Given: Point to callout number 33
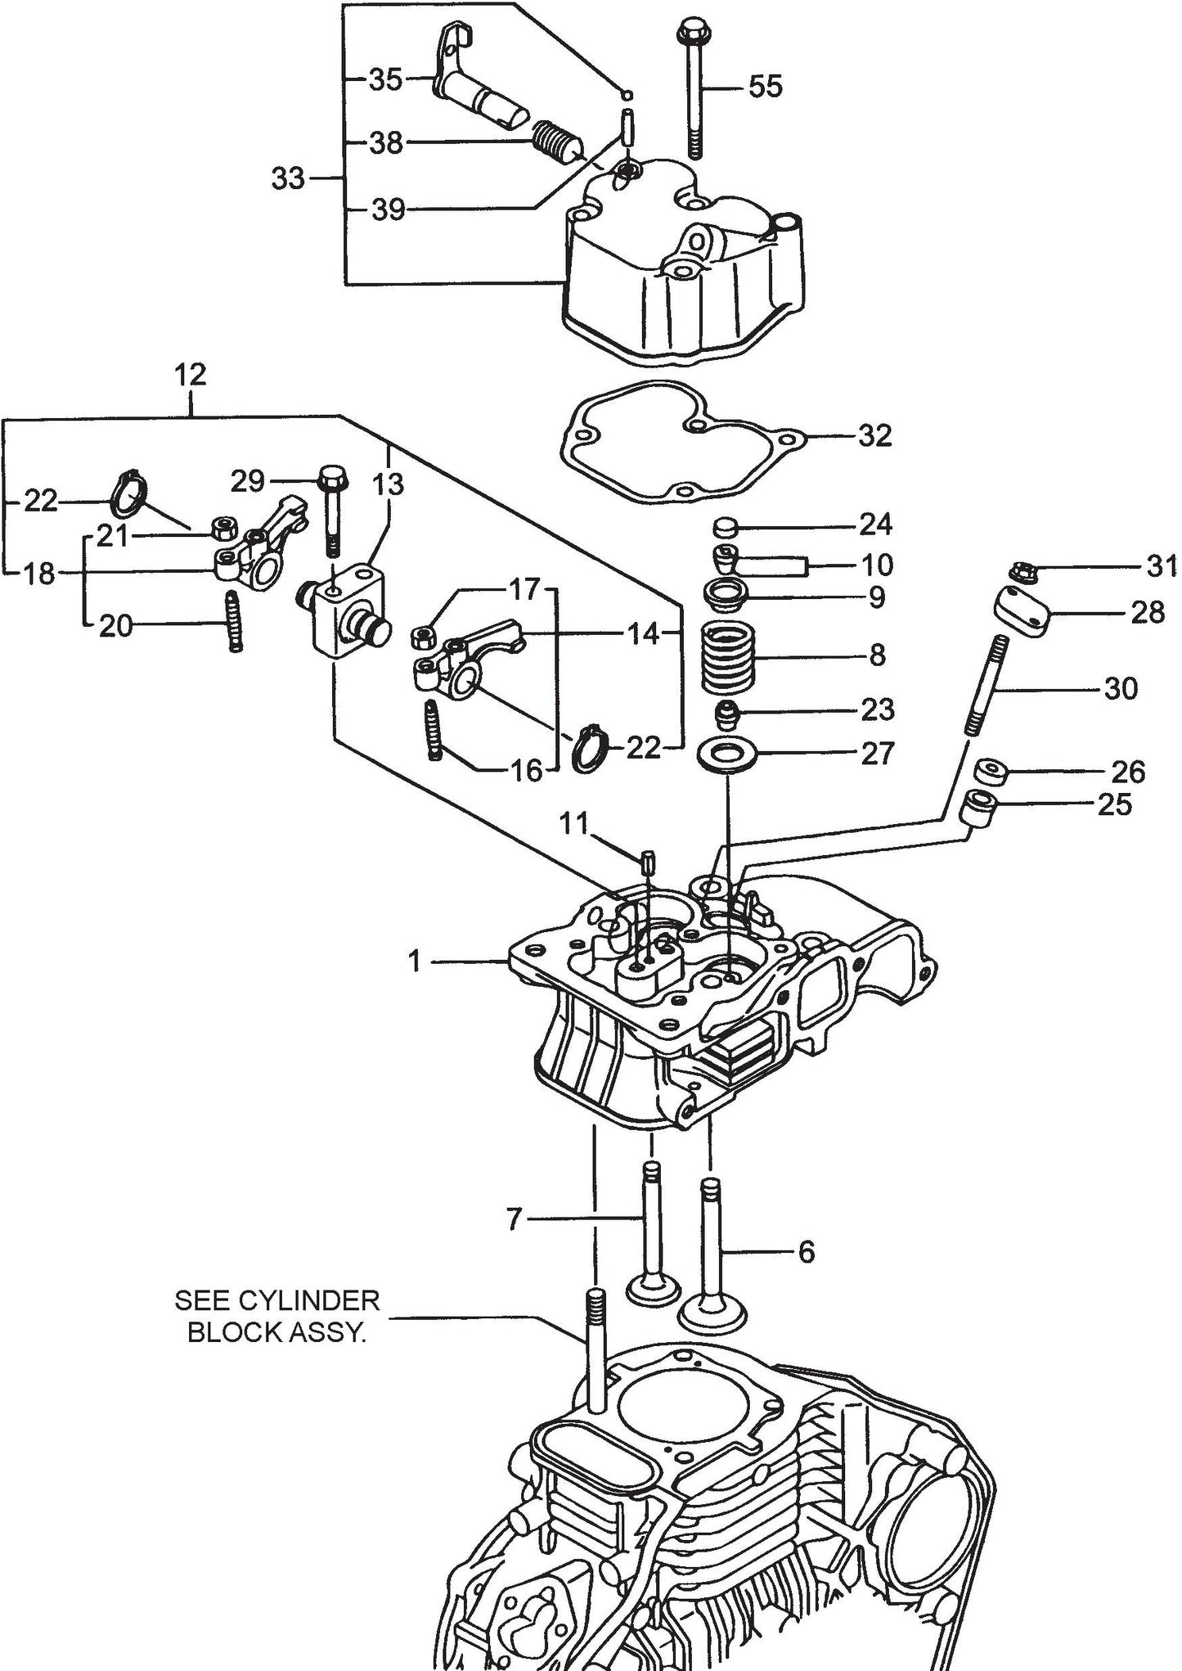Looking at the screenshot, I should [x=288, y=178].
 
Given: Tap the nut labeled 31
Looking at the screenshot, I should [x=1018, y=571].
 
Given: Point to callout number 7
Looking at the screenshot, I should [x=514, y=1219].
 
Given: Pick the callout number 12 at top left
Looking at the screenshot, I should [x=190, y=376].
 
